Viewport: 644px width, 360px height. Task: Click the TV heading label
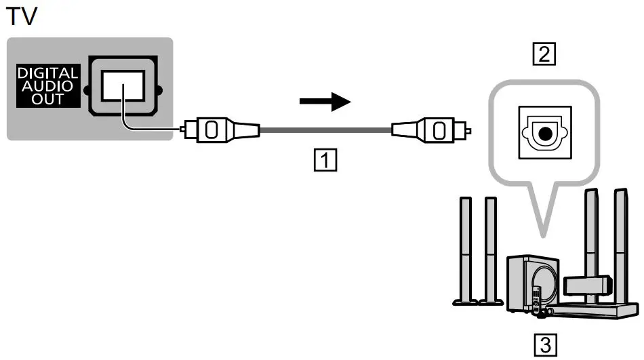pyautogui.click(x=21, y=16)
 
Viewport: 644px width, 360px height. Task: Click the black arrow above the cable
pyautogui.click(x=325, y=102)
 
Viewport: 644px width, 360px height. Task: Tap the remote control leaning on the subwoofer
pyautogui.click(x=536, y=299)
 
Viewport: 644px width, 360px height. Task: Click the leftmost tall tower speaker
pyautogui.click(x=464, y=247)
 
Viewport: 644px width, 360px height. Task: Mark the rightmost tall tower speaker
pyautogui.click(x=620, y=244)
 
